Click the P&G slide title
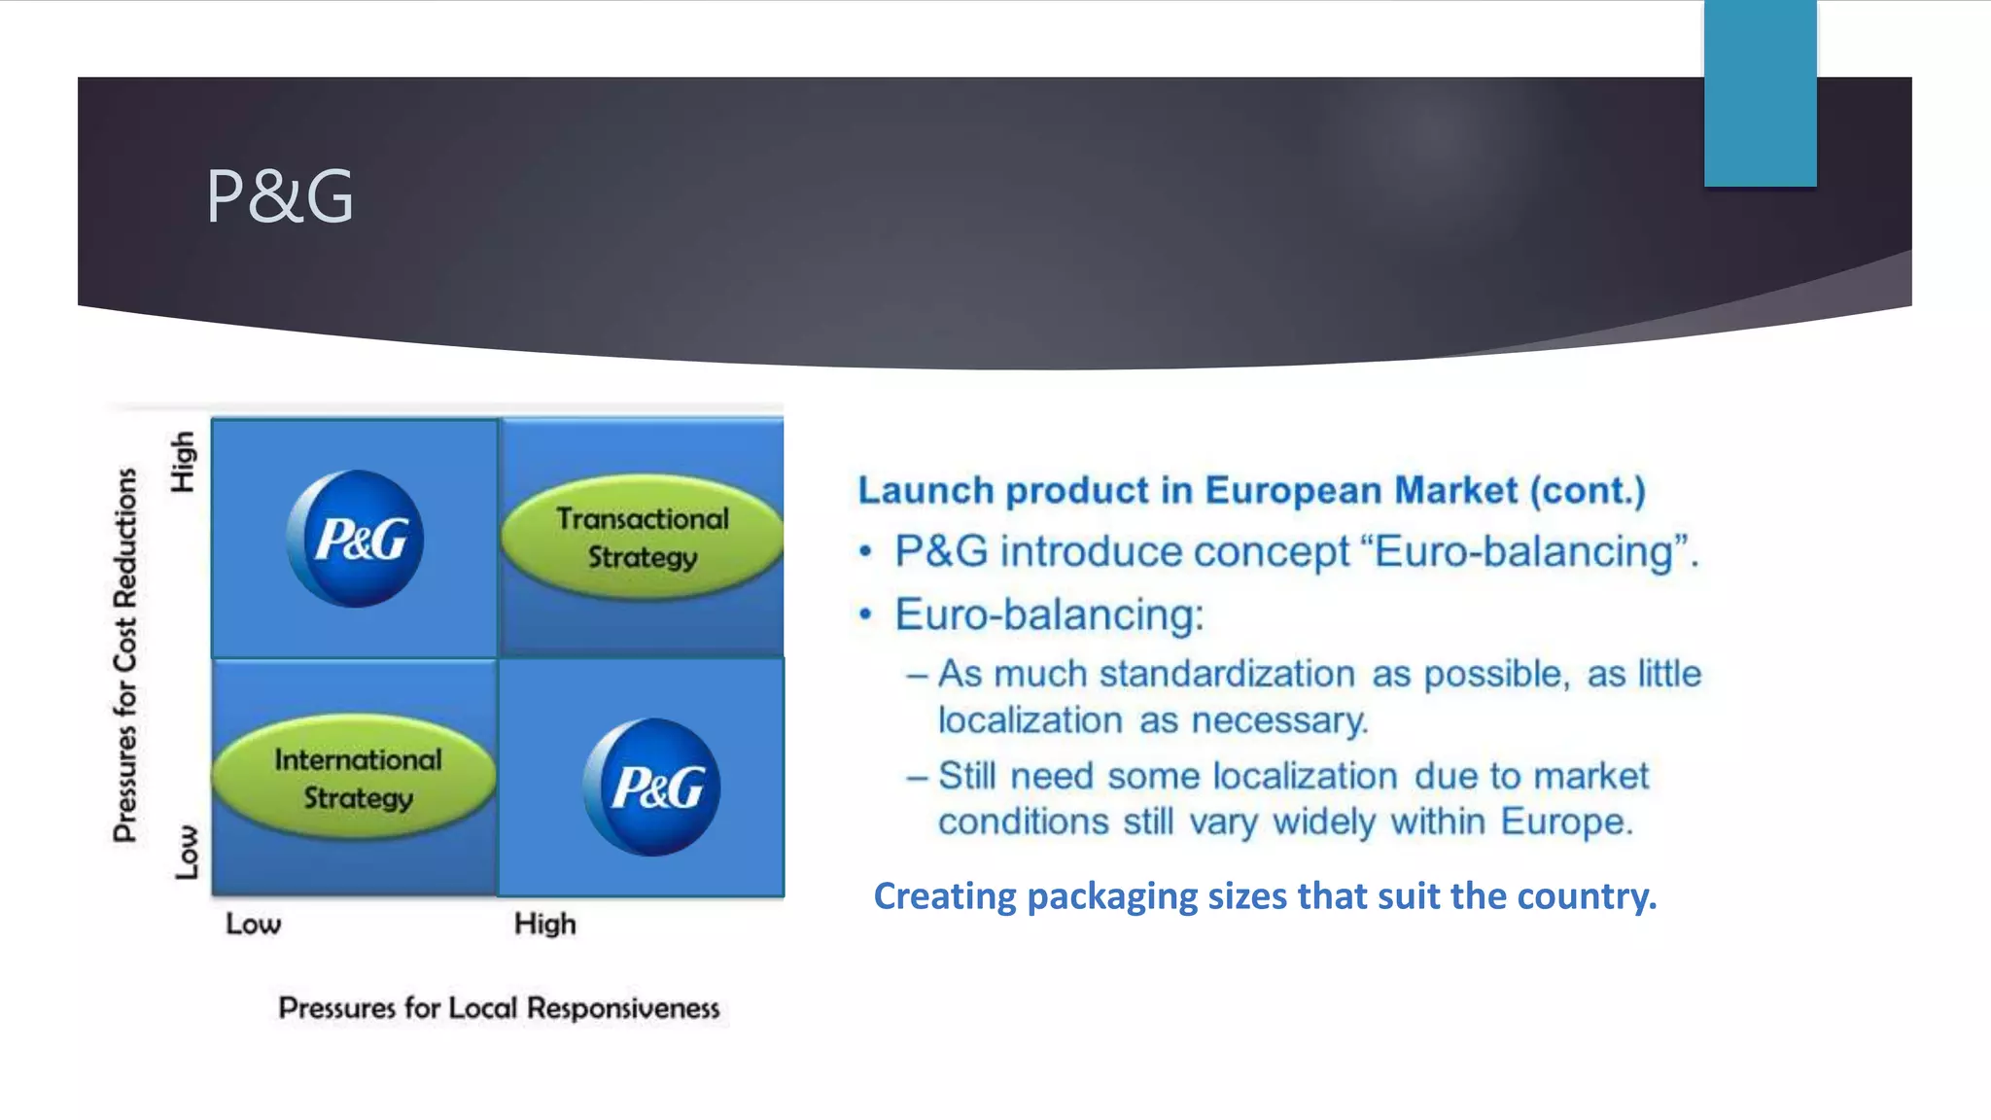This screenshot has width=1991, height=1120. pyautogui.click(x=280, y=196)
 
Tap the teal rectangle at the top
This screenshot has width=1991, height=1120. pyautogui.click(x=1759, y=93)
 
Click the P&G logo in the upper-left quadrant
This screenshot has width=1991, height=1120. pyautogui.click(x=356, y=539)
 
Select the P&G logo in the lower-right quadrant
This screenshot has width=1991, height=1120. pyautogui.click(x=652, y=787)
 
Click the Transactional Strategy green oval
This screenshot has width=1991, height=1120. pyautogui.click(x=643, y=537)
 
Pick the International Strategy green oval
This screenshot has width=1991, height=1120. pyautogui.click(x=356, y=778)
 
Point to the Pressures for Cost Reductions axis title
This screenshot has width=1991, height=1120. pyautogui.click(x=125, y=654)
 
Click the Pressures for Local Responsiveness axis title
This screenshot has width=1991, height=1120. pyautogui.click(x=499, y=1008)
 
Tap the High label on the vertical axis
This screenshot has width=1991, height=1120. pyautogui.click(x=183, y=462)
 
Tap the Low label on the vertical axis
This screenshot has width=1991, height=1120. pyautogui.click(x=186, y=853)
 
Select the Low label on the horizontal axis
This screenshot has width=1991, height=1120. pyautogui.click(x=254, y=924)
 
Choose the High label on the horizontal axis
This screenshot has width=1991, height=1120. pyautogui.click(x=544, y=924)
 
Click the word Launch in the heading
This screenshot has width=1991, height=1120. pyautogui.click(x=926, y=490)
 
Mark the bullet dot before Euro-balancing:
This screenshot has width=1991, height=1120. pyautogui.click(x=865, y=615)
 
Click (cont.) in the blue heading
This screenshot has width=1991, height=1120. pyautogui.click(x=1588, y=490)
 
